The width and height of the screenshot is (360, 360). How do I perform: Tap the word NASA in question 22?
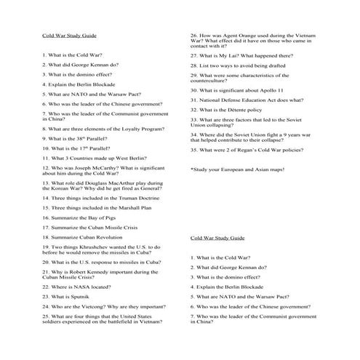point(77,287)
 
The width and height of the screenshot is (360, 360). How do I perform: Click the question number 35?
point(194,150)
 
